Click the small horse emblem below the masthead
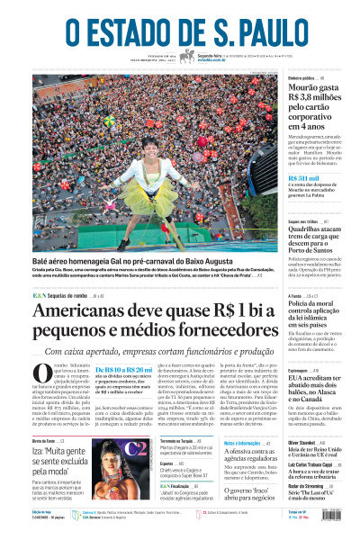[187, 57]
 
